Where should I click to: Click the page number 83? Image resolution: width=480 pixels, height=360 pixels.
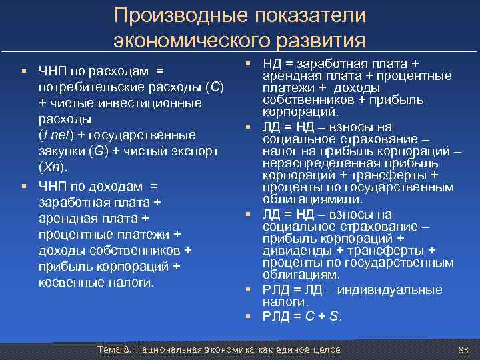coord(464,350)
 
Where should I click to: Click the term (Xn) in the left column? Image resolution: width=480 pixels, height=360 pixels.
coord(50,167)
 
